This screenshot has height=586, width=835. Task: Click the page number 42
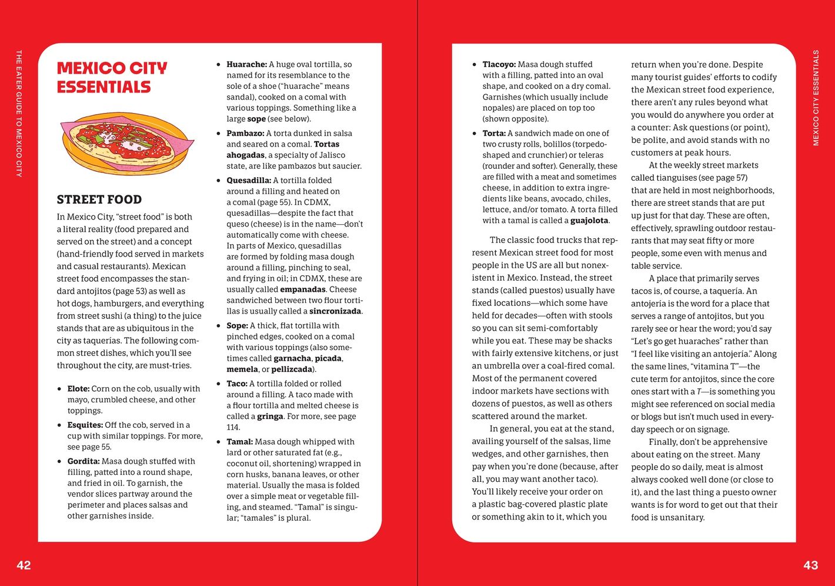[x=24, y=565]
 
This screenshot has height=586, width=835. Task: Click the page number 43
[x=810, y=565]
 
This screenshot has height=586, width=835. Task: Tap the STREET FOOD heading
[x=99, y=199]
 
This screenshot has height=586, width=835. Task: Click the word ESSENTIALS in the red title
[x=103, y=87]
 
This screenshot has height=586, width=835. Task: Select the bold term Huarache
[x=246, y=65]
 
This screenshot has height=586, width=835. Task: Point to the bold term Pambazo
[x=245, y=134]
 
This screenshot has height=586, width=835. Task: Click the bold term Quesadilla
[x=249, y=181]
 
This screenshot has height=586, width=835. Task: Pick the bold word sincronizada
[x=335, y=311]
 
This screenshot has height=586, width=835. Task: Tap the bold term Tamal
[x=239, y=442]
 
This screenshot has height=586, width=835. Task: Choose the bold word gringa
[x=270, y=417]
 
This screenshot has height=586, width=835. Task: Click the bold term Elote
[x=78, y=389]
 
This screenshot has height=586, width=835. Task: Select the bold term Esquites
[x=85, y=425]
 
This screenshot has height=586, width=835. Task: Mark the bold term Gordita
[x=83, y=461]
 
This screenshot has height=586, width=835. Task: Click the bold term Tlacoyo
[x=499, y=65]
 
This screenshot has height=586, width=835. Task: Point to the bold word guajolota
[x=589, y=221]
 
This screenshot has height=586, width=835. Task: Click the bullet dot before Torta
[x=475, y=134]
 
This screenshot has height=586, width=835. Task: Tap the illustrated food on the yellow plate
[x=126, y=143]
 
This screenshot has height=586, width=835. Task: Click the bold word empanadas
[x=302, y=289]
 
